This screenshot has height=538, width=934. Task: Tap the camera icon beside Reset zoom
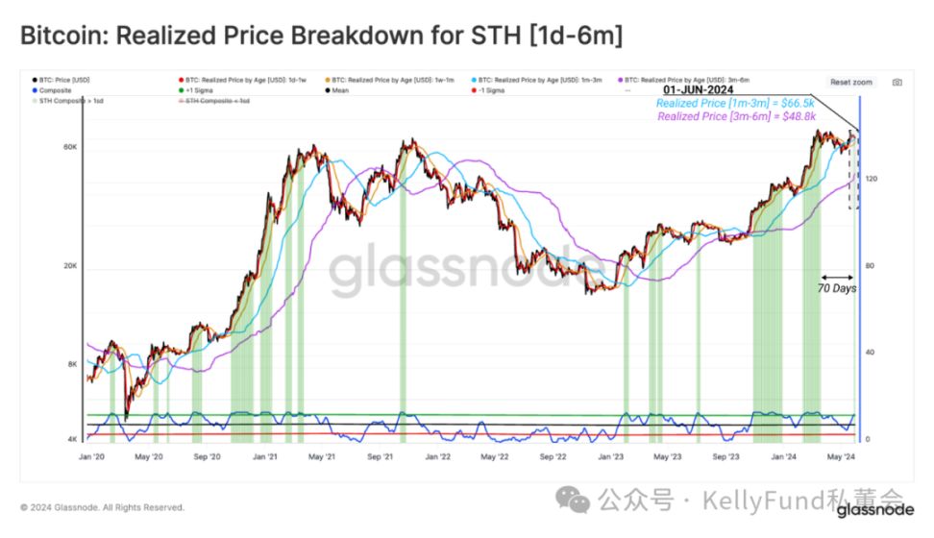click(x=896, y=83)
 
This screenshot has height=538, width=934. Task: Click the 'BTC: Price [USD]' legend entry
click(x=62, y=79)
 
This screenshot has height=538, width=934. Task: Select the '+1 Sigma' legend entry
click(x=203, y=89)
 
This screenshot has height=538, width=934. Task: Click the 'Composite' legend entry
click(x=57, y=89)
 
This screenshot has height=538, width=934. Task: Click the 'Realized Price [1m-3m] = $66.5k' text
click(x=736, y=103)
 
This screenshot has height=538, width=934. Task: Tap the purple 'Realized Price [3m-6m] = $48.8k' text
click(x=736, y=116)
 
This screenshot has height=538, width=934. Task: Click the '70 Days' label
click(x=836, y=287)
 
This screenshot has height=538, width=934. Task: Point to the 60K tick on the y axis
click(x=70, y=147)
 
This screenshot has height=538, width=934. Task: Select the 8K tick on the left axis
click(x=72, y=364)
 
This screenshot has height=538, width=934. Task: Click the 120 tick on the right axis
click(x=871, y=179)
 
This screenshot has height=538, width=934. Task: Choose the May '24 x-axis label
click(x=842, y=458)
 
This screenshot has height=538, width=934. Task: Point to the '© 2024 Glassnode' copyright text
click(x=102, y=507)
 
